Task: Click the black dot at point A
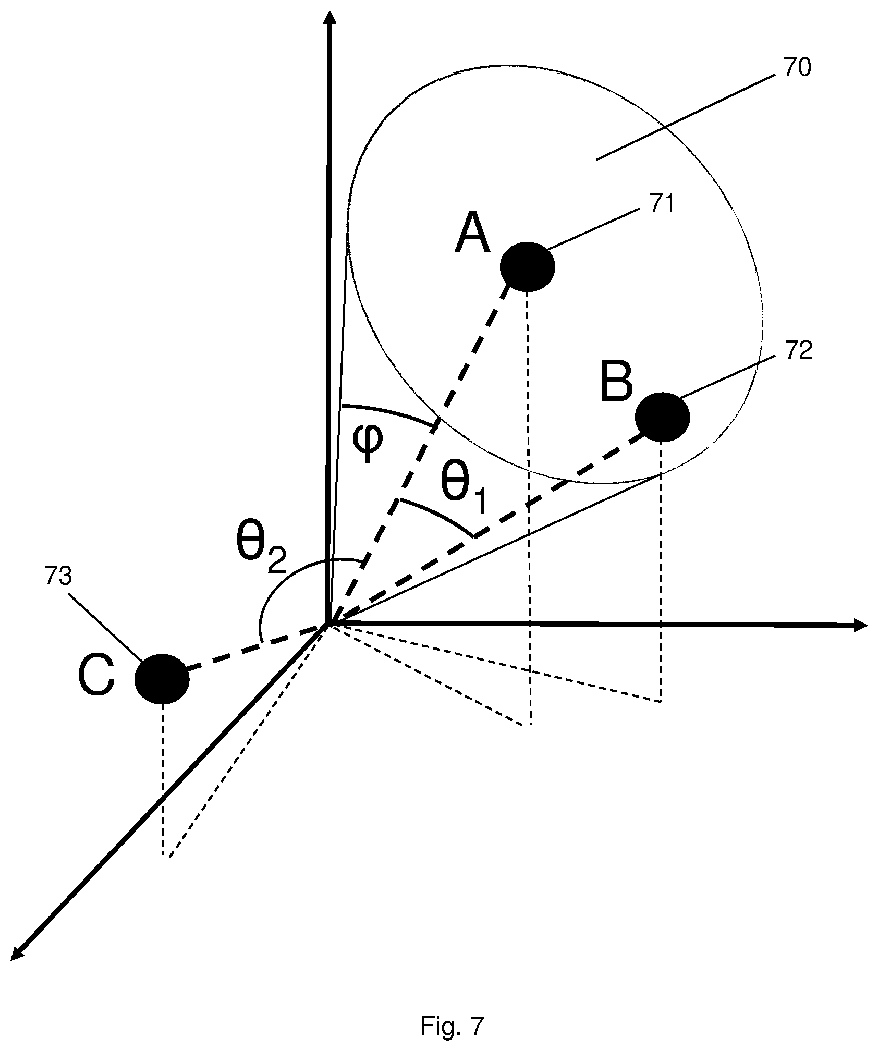(527, 266)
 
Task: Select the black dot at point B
(662, 417)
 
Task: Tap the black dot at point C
(162, 679)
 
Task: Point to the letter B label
(616, 383)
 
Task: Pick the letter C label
(96, 676)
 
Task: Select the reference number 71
(661, 203)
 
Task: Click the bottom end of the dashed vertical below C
(163, 855)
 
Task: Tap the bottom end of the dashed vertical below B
(661, 702)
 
